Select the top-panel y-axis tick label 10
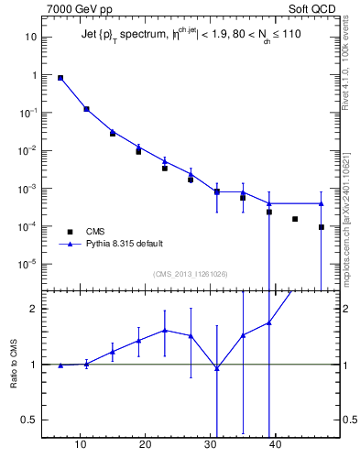[x=30, y=38]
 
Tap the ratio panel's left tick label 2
[x=33, y=309]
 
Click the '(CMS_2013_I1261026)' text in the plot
[x=191, y=274]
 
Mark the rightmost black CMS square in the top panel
[x=322, y=227]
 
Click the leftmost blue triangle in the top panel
[x=60, y=78]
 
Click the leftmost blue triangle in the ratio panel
[x=60, y=365]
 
